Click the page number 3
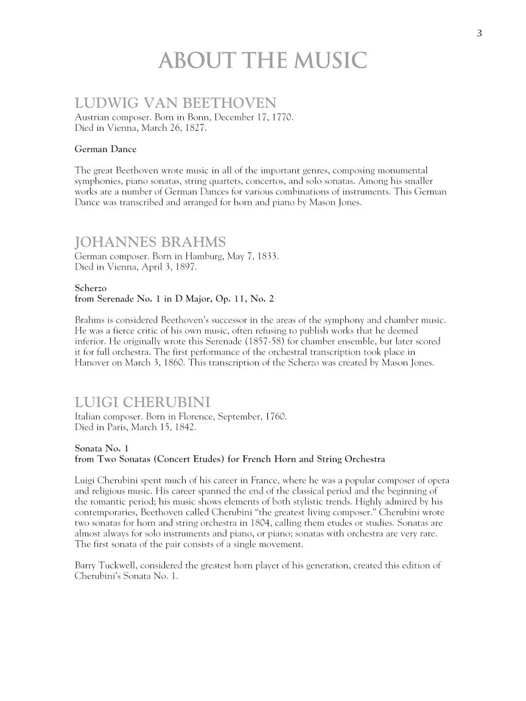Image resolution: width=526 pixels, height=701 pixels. click(x=480, y=33)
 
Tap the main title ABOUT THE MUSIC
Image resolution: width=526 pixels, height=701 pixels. click(x=262, y=61)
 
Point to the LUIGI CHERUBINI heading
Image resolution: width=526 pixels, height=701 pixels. click(x=142, y=402)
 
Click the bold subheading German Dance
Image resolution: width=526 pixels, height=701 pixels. click(x=105, y=149)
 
